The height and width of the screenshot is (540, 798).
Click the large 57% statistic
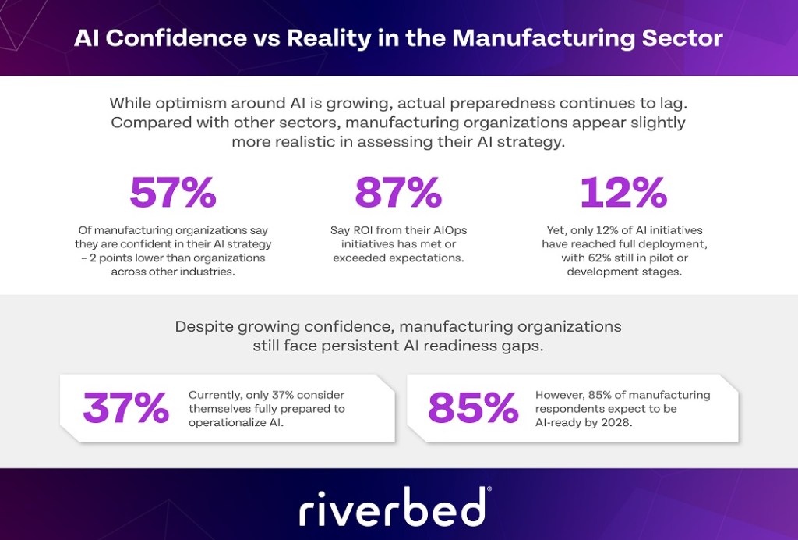click(x=172, y=194)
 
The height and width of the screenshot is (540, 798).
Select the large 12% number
click(x=623, y=194)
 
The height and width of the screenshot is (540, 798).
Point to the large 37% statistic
click(x=125, y=407)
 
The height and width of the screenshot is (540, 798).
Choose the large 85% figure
click(x=473, y=407)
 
